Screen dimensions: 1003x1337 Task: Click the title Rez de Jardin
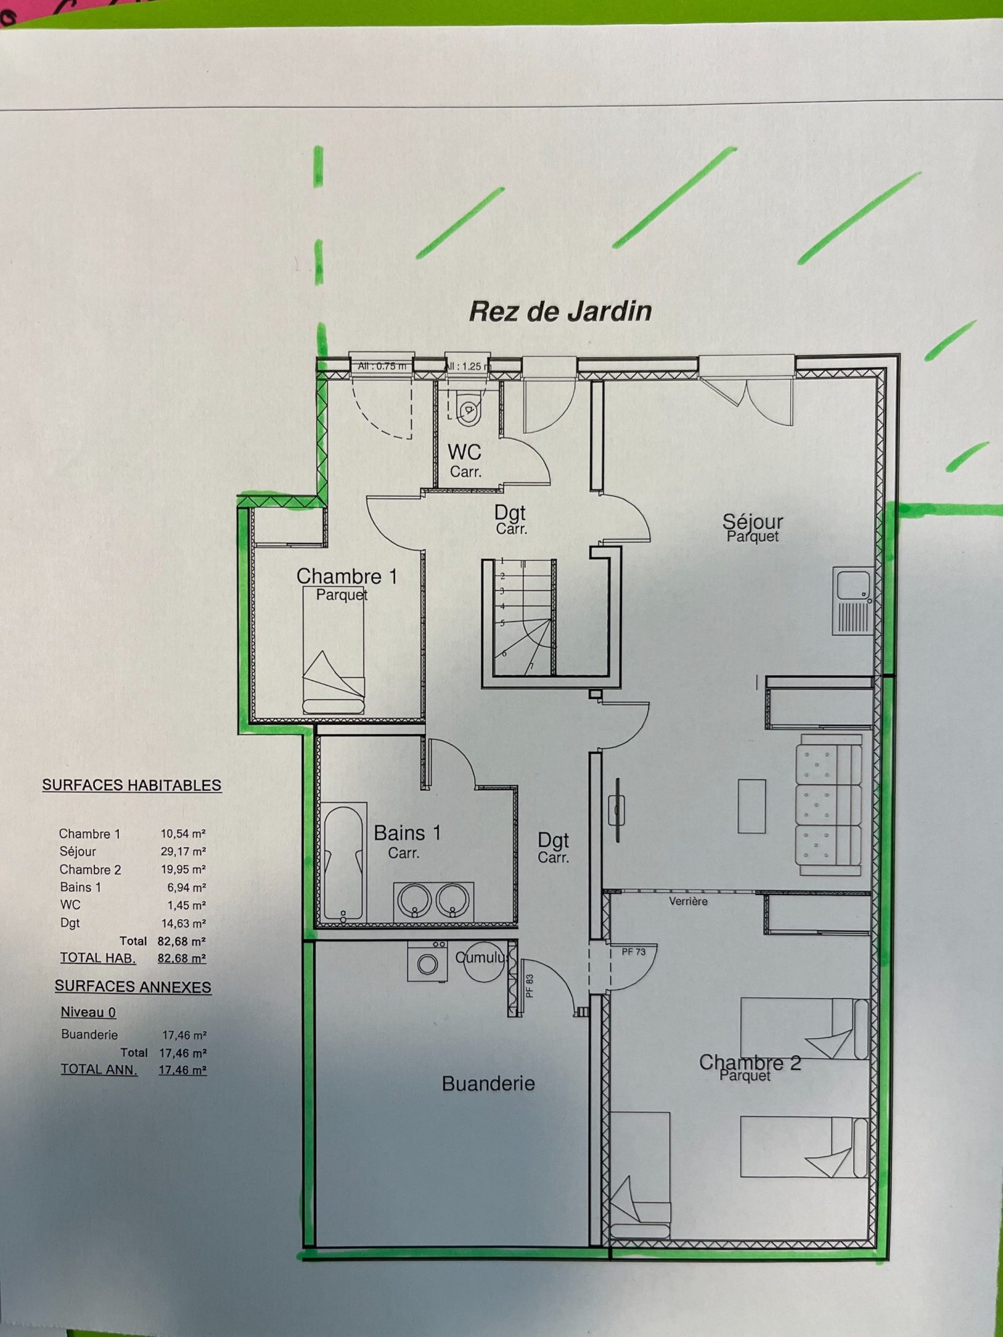click(560, 312)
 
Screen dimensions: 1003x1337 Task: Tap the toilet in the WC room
click(468, 408)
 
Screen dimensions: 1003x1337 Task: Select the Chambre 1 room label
click(347, 576)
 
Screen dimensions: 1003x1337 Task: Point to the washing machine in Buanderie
click(428, 961)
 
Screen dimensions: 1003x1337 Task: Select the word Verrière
click(688, 901)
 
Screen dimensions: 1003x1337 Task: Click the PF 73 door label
click(633, 951)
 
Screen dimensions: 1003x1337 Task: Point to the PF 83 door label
click(530, 985)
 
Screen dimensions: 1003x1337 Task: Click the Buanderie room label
click(488, 1084)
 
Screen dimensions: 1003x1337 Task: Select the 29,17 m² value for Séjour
click(183, 852)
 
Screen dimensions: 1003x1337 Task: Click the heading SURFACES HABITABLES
click(132, 785)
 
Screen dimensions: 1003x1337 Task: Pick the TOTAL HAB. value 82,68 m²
click(182, 958)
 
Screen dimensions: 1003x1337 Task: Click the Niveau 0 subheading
click(88, 1012)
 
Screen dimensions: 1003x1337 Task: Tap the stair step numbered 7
click(532, 666)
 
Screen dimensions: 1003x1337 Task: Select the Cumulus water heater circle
click(484, 961)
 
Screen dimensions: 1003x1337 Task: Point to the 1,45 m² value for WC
click(187, 905)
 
